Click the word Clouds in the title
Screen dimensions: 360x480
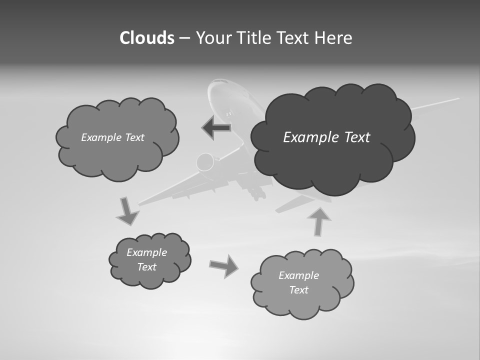146,38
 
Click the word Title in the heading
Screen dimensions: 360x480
252,38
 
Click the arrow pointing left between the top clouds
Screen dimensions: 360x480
216,127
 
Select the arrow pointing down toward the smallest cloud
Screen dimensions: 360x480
127,211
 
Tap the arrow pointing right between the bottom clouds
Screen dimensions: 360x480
224,265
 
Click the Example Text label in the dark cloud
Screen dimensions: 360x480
326,137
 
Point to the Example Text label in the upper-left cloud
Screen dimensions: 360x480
112,137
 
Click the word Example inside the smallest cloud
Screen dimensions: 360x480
146,252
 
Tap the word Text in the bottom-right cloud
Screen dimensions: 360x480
298,290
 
